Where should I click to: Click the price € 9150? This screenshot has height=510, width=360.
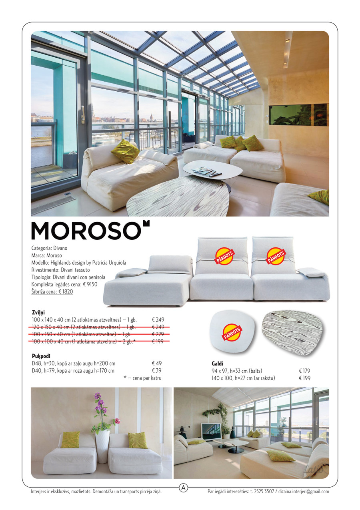click(90, 284)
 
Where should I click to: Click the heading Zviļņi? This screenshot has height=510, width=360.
click(38, 312)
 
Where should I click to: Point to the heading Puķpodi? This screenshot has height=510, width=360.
click(41, 355)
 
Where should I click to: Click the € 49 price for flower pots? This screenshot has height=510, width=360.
click(156, 363)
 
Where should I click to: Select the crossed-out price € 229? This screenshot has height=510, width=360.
click(158, 334)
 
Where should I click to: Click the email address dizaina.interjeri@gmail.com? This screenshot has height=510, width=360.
click(304, 492)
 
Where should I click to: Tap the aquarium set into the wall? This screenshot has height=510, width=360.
click(298, 115)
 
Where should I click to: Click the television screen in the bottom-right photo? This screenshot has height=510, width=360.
click(211, 432)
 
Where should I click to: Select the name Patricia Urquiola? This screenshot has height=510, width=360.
click(109, 263)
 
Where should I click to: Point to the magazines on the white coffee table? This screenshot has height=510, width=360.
click(206, 171)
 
